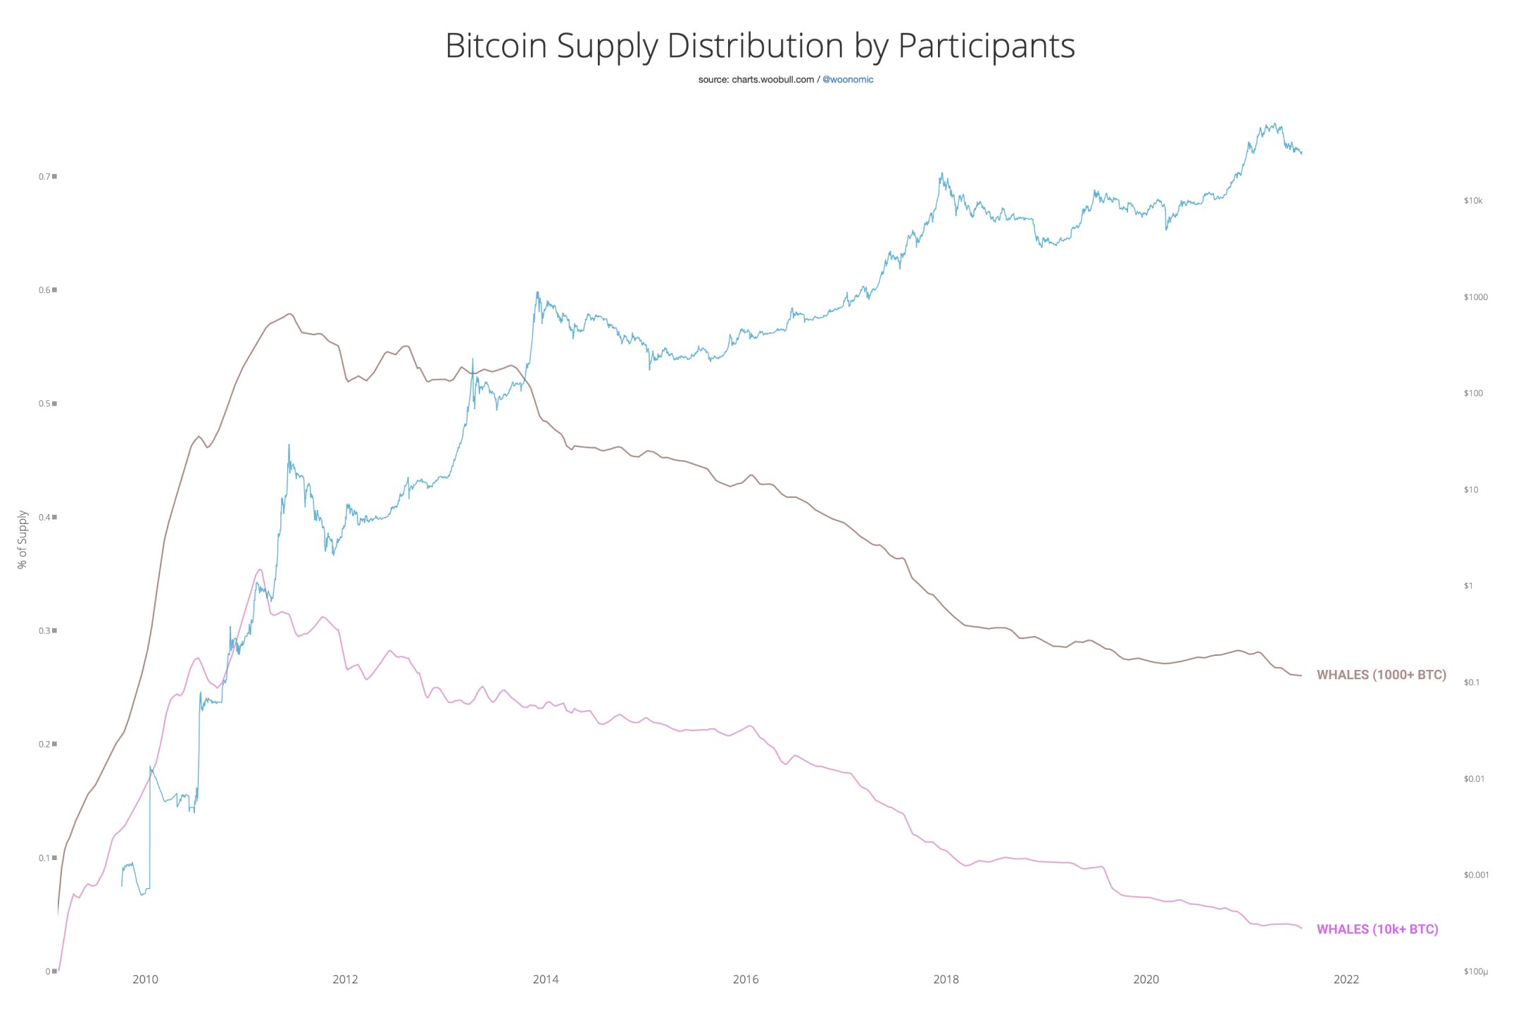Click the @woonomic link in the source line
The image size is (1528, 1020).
[848, 80]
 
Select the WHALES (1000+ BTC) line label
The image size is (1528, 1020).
[1381, 675]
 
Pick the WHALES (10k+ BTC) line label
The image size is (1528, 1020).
[1377, 929]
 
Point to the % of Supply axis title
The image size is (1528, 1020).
[23, 540]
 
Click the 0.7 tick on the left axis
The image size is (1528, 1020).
[44, 176]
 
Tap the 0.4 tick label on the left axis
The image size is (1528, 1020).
[44, 517]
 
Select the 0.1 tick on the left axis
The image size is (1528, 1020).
[44, 858]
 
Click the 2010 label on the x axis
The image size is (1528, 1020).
[145, 979]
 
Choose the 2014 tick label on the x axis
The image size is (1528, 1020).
[546, 979]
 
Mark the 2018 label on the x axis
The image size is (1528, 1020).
[946, 979]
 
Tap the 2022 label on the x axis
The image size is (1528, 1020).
[1346, 979]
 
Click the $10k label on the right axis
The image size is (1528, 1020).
[1473, 201]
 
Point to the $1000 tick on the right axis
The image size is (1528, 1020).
[1475, 297]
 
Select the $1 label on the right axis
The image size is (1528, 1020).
[1468, 586]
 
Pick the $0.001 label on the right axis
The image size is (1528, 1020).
[1476, 875]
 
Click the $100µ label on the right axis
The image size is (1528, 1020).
[1475, 972]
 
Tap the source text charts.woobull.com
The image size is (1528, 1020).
[772, 80]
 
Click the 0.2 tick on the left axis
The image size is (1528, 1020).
[44, 744]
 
